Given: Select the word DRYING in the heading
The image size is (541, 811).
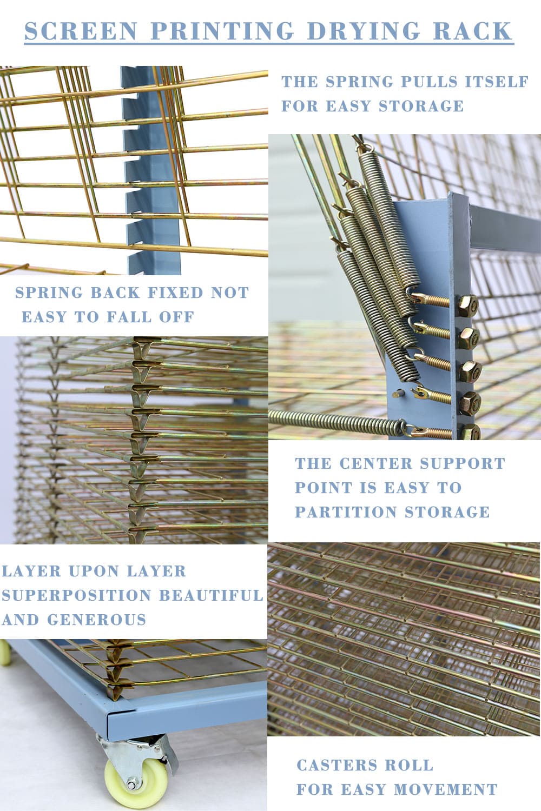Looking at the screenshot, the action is (363, 31).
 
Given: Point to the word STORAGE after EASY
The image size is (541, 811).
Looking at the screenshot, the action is (421, 106).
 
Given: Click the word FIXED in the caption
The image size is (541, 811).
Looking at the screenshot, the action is (175, 293).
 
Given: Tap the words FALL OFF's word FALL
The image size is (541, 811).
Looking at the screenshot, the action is (129, 317).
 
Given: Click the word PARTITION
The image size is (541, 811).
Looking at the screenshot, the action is (346, 512).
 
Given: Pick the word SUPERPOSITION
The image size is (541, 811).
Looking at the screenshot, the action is (76, 596).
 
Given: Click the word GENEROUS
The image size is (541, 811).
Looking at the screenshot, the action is (96, 620).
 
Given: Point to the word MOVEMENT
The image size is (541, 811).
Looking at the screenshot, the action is (445, 789).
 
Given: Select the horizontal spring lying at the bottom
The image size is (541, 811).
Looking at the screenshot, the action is (338, 421).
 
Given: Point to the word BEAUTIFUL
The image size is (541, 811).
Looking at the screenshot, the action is (211, 596).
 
